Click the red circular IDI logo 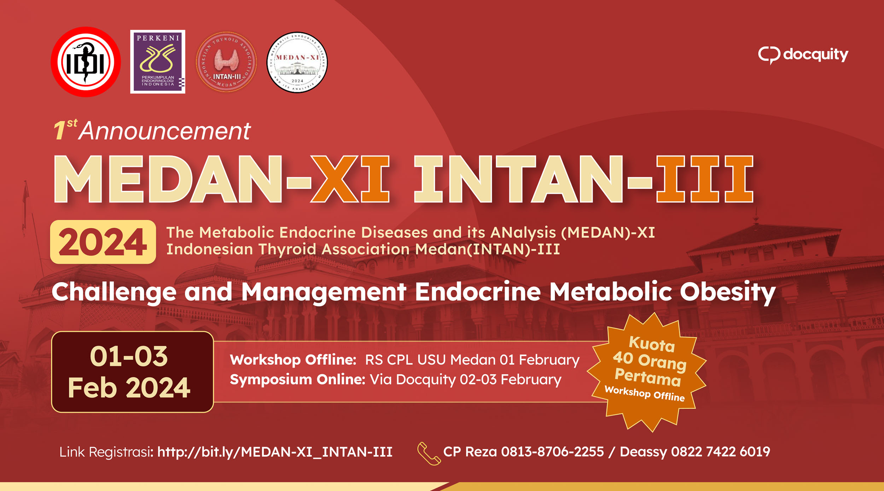pos(86,62)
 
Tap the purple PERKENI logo pos(158,62)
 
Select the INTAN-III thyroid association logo pos(226,62)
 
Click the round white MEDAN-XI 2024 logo pos(297,63)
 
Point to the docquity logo pos(803,55)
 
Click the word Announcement pos(164,131)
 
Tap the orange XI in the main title pos(350,179)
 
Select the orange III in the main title pos(705,179)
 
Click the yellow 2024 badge pos(103,242)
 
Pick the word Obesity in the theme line pos(728,292)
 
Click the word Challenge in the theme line pos(114,292)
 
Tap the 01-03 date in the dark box pos(129,356)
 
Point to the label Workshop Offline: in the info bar pos(293,360)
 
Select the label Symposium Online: pos(297,380)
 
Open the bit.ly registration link pos(275,452)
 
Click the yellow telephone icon pos(429,454)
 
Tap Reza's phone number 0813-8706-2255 pos(552,452)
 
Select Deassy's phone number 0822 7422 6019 pos(721,452)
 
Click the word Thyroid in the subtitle pos(287,249)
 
